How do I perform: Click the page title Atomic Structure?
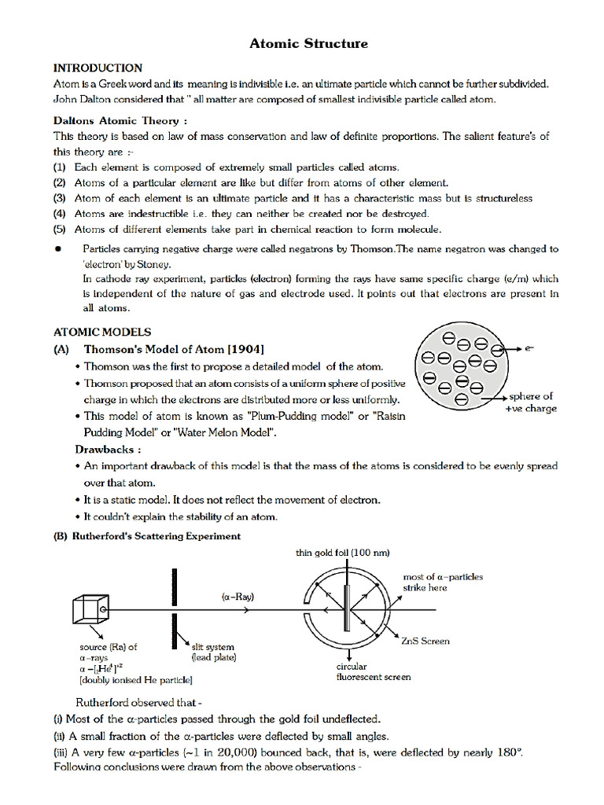(x=308, y=43)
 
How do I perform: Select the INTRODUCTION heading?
(x=98, y=68)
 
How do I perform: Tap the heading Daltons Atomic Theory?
(x=120, y=121)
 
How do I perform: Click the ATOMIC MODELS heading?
(x=102, y=333)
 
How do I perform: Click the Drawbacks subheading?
(x=109, y=450)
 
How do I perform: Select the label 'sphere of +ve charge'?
(x=530, y=402)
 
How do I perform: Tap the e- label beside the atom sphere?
(x=529, y=347)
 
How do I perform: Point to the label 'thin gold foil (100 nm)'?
(x=342, y=553)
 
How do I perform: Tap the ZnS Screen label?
(x=425, y=641)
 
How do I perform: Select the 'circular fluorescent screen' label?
(x=373, y=671)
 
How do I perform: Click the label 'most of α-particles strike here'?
(x=443, y=582)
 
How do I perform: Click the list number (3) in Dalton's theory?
(x=60, y=198)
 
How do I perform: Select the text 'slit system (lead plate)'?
(x=213, y=652)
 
